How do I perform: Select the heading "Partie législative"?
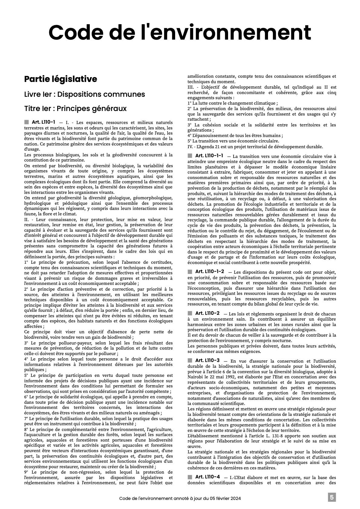click(61, 79)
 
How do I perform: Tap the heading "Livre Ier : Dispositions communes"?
click(84, 94)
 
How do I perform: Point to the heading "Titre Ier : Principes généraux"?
click(75, 108)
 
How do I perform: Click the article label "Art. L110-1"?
click(44, 122)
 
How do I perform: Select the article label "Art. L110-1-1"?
click(209, 156)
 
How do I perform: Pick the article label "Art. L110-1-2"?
click(210, 272)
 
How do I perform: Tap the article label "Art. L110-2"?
click(208, 313)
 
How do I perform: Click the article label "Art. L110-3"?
click(208, 361)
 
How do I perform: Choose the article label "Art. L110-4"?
click(208, 477)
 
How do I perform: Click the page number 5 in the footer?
click(332, 498)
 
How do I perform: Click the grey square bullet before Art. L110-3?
click(190, 361)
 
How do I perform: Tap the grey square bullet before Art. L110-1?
click(27, 122)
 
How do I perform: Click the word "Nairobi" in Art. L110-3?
click(195, 377)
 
